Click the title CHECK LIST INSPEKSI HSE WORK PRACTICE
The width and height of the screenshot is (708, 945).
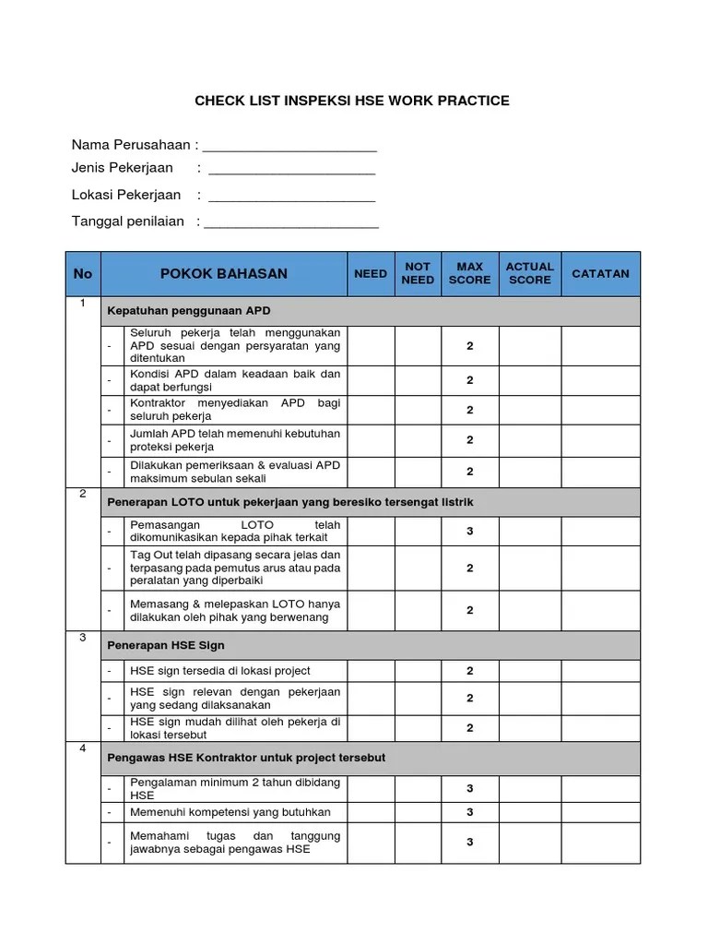pyautogui.click(x=351, y=100)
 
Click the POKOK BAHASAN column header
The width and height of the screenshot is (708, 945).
pyautogui.click(x=224, y=273)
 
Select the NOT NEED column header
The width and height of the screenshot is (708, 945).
pyautogui.click(x=418, y=273)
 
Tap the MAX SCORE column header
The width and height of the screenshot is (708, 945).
pyautogui.click(x=469, y=273)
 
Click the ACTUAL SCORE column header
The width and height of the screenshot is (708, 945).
pyautogui.click(x=530, y=273)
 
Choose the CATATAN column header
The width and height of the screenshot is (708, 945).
pyautogui.click(x=600, y=273)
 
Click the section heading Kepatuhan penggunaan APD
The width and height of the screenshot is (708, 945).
pyautogui.click(x=189, y=310)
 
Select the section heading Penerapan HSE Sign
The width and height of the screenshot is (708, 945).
pyautogui.click(x=166, y=645)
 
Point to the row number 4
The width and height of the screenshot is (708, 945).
pyautogui.click(x=83, y=748)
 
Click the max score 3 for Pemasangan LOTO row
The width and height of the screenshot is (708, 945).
pyautogui.click(x=469, y=532)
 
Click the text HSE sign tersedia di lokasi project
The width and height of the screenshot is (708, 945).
pyautogui.click(x=220, y=671)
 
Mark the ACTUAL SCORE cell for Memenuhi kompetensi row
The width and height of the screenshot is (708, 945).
pyautogui.click(x=530, y=812)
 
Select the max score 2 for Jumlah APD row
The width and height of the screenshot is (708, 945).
pyautogui.click(x=469, y=440)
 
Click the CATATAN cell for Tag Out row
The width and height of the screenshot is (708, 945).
pyautogui.click(x=600, y=568)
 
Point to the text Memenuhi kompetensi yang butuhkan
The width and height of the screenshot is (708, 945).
pyautogui.click(x=230, y=812)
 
